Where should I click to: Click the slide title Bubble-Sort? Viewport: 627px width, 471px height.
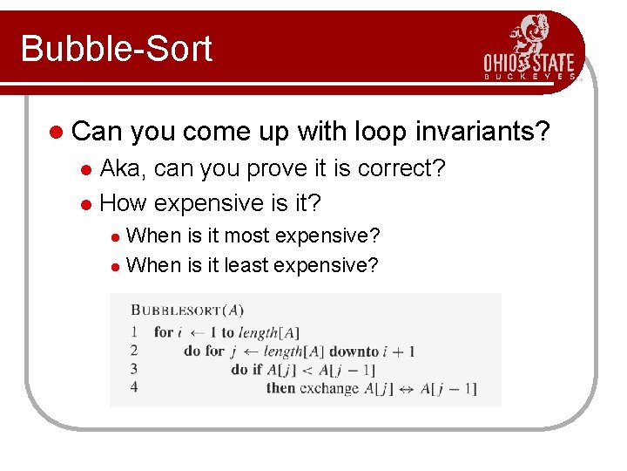(116, 48)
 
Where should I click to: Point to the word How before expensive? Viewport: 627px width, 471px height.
(125, 203)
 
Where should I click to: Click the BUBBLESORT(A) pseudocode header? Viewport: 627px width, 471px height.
(187, 310)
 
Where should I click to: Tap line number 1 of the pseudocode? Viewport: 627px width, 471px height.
(134, 331)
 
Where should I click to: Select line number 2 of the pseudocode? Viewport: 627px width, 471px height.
(134, 351)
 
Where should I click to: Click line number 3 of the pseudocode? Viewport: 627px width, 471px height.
(134, 369)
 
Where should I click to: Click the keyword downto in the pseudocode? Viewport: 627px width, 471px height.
(354, 351)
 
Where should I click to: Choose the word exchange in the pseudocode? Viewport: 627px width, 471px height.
(328, 388)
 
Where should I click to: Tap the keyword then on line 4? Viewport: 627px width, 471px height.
(280, 388)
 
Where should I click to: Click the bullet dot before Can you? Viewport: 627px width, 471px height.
(56, 133)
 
